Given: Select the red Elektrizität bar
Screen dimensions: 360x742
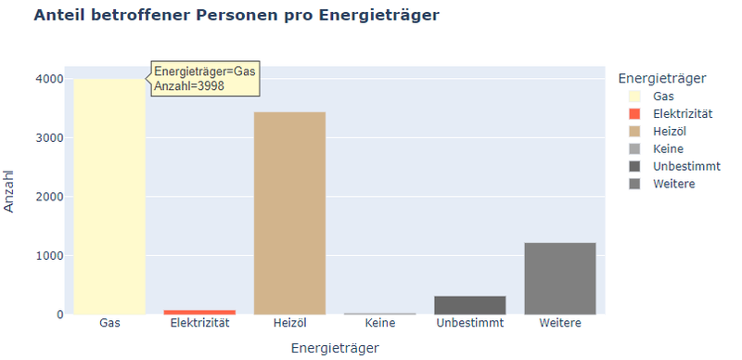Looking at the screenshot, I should [199, 312].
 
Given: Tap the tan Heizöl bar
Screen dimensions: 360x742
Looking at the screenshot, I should [289, 213].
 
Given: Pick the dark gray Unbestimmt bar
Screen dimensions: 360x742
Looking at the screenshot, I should [470, 304].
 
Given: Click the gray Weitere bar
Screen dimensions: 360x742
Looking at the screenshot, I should [559, 278].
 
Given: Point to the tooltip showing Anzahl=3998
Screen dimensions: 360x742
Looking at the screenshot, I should [205, 79].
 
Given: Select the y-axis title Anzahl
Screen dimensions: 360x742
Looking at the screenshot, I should [10, 190].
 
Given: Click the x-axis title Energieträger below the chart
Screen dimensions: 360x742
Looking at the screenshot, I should [335, 348].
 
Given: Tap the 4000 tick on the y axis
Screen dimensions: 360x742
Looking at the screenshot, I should [49, 80].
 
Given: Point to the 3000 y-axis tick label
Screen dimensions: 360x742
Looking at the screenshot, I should [49, 138].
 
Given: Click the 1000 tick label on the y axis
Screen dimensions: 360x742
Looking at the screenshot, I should [49, 255].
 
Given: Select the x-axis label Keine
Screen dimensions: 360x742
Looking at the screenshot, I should [380, 323].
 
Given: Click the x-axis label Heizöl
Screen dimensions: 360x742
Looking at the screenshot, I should [289, 323].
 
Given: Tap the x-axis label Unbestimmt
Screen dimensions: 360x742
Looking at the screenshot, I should [470, 323].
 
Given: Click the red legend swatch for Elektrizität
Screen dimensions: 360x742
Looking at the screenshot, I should [634, 113].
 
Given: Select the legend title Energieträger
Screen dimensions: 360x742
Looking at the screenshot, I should [662, 77].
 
